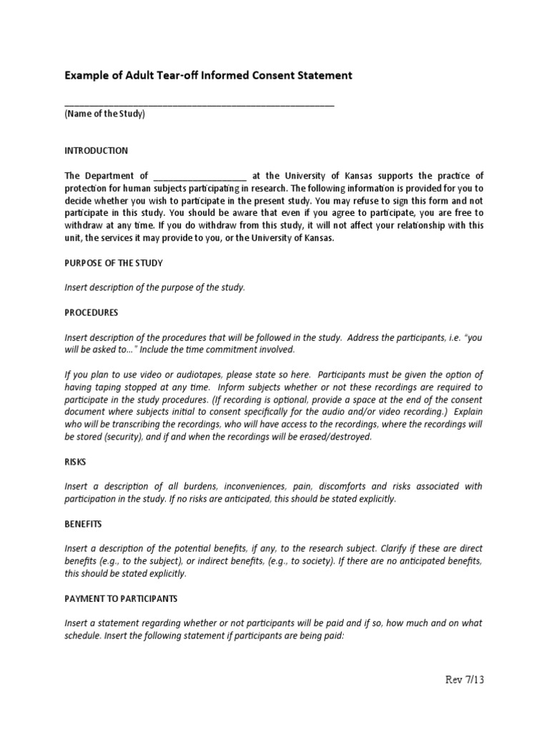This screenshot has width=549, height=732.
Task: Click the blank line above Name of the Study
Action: coord(199,104)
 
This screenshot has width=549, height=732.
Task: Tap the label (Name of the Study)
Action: coord(104,114)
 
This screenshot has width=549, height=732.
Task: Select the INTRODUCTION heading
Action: coord(97,151)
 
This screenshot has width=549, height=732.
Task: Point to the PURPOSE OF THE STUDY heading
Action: coord(114,263)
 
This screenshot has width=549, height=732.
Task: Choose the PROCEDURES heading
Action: coord(91,312)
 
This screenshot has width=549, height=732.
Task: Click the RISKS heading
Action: coord(75,462)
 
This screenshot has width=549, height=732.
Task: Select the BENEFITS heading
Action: coord(84,524)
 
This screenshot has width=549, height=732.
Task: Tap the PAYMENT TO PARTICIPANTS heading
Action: coord(121,598)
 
